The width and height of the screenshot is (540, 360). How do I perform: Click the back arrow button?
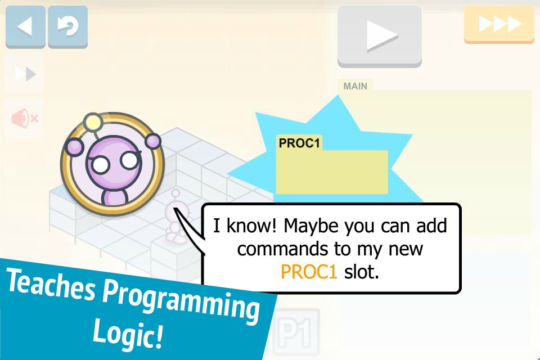pyautogui.click(x=25, y=26)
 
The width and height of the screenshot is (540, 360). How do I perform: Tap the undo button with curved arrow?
pyautogui.click(x=68, y=26)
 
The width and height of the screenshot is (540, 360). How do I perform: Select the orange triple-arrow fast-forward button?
pyautogui.click(x=499, y=24)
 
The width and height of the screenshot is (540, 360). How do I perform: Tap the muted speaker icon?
pyautogui.click(x=24, y=119)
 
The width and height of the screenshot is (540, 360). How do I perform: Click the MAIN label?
pyautogui.click(x=355, y=86)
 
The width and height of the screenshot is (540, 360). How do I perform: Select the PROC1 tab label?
pyautogui.click(x=299, y=143)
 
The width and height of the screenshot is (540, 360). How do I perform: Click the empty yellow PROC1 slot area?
pyautogui.click(x=332, y=172)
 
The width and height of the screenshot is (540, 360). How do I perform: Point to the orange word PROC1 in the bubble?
pyautogui.click(x=309, y=272)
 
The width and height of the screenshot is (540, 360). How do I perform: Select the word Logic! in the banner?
pyautogui.click(x=128, y=334)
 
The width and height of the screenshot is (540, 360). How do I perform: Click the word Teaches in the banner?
pyautogui.click(x=51, y=284)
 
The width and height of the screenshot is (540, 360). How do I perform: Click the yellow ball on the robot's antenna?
pyautogui.click(x=93, y=122)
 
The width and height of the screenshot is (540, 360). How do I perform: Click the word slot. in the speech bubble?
pyautogui.click(x=361, y=272)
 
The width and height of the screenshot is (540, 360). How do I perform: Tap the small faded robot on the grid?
pyautogui.click(x=175, y=217)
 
